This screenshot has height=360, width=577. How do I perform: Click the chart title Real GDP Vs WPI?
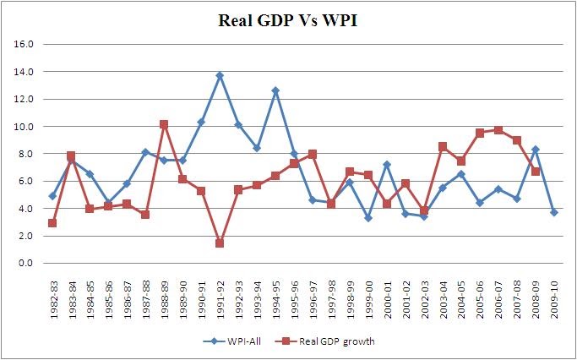click(288, 23)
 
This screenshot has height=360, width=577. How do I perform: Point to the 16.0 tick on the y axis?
click(25, 44)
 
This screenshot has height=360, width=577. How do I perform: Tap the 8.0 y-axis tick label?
click(25, 154)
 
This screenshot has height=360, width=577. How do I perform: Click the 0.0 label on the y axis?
click(25, 263)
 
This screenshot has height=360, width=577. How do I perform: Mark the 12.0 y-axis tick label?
click(25, 99)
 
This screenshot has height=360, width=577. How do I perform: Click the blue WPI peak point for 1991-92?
click(220, 75)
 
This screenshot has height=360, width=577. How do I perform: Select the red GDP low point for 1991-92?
click(220, 243)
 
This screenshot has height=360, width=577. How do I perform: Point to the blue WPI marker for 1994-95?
click(275, 90)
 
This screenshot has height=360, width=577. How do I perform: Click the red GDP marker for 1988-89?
click(164, 124)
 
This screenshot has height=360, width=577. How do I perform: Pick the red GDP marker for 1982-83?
click(52, 223)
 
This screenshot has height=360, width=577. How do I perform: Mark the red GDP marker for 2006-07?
click(498, 130)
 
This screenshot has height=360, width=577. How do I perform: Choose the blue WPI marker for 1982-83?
click(52, 196)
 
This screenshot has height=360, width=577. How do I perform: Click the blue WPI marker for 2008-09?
click(536, 150)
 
